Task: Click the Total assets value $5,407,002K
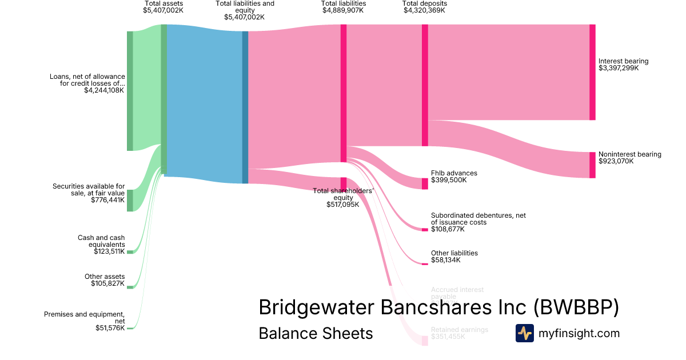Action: pos(163,10)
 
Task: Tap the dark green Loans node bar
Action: pos(130,91)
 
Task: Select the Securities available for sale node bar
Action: pos(130,201)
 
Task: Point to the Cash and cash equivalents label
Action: pos(101,241)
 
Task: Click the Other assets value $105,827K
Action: pos(107,283)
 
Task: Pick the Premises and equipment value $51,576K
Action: pos(110,328)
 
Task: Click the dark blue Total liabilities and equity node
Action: pos(245,107)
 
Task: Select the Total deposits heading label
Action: pos(424,3)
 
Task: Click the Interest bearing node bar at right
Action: pos(592,73)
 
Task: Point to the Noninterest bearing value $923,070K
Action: pos(619,161)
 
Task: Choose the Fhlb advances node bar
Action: pos(425,183)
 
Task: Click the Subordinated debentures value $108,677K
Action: pos(448,229)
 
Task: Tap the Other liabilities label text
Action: pos(454,253)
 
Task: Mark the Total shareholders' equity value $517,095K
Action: pos(342,205)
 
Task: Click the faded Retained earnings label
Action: pos(459,330)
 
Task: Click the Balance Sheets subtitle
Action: pos(316,333)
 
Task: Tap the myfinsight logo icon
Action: pos(524,333)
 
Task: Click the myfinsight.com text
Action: pos(579,333)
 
